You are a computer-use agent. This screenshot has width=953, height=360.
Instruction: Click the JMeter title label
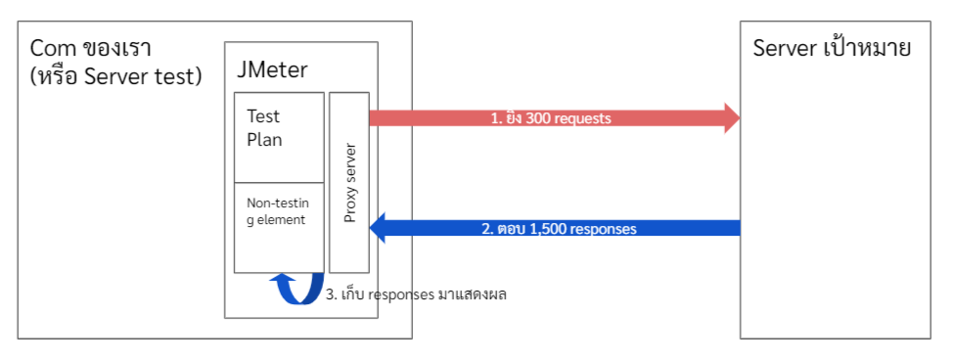click(272, 69)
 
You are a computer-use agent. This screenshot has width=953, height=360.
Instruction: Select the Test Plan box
click(279, 136)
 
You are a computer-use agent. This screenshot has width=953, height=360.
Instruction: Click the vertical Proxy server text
click(349, 183)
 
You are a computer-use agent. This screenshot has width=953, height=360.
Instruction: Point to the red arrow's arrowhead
click(730, 118)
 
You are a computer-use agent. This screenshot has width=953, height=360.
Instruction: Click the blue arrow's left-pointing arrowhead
click(380, 229)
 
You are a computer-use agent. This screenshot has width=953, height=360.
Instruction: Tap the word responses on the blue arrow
click(606, 230)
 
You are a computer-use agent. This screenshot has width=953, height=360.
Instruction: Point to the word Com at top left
click(51, 48)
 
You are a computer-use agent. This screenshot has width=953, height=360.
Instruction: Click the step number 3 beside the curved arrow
click(330, 294)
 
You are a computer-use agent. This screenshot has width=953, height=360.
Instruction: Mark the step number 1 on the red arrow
click(494, 118)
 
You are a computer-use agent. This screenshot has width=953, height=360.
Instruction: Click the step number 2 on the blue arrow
click(485, 230)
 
